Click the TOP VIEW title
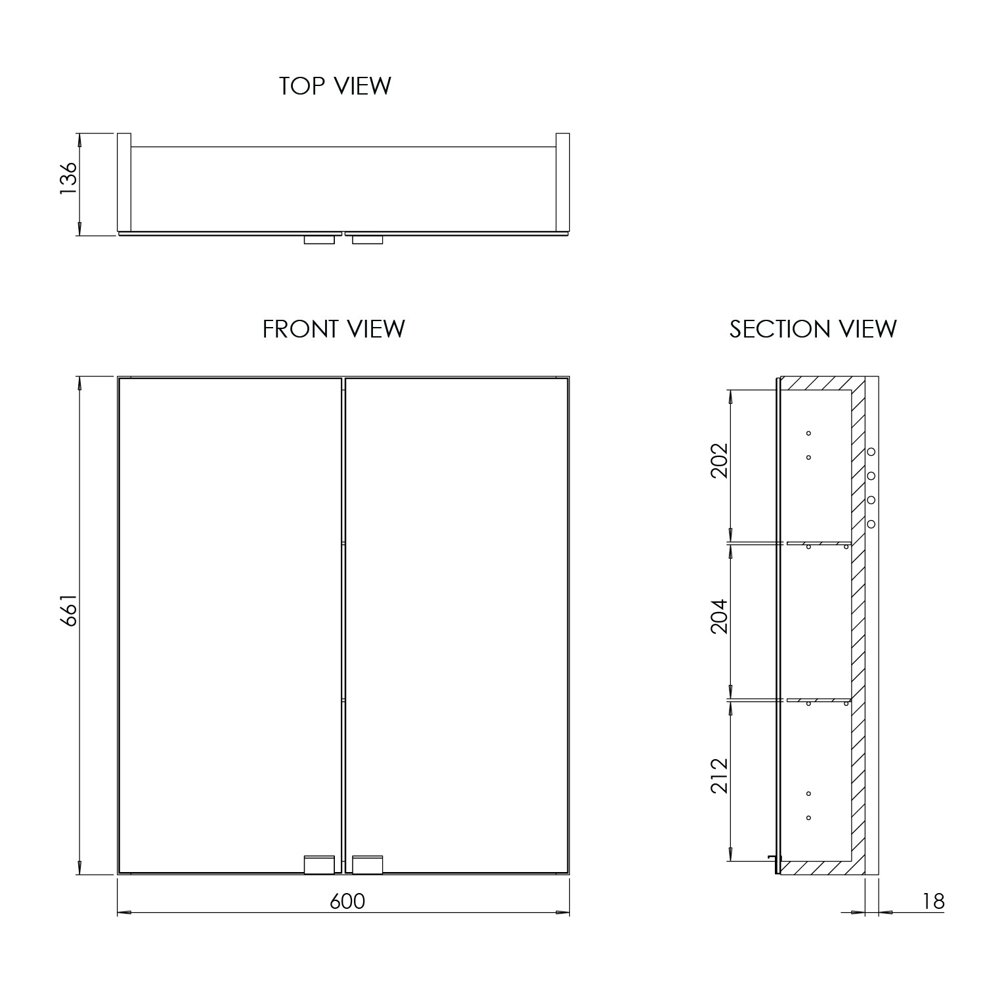click(335, 86)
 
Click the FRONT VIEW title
click(334, 329)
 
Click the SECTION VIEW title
click(812, 329)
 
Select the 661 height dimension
click(68, 611)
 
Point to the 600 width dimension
click(347, 902)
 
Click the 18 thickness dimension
click(933, 902)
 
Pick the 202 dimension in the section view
click(720, 460)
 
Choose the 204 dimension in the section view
click(720, 616)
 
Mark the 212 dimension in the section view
click(720, 776)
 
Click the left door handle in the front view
click(320, 864)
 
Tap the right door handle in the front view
click(368, 864)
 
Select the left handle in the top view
click(320, 240)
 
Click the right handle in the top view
click(368, 240)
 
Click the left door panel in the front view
click(230, 624)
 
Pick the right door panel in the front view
click(456, 624)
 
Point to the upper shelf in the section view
click(818, 542)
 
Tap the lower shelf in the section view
click(818, 700)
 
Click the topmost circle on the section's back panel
click(871, 452)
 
